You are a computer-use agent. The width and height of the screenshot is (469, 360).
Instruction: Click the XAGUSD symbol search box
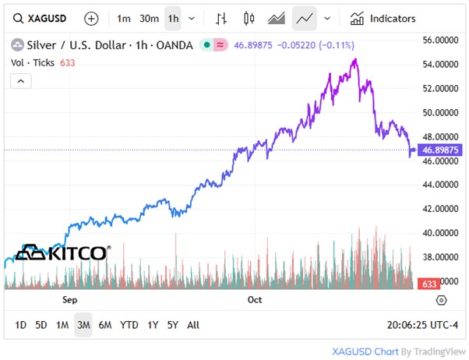(41, 18)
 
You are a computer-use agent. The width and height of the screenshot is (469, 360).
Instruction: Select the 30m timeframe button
(149, 18)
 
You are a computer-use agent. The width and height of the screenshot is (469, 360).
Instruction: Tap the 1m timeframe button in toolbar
(124, 18)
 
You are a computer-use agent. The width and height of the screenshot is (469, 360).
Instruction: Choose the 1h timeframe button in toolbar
(173, 18)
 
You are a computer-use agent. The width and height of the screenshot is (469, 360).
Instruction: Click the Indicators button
(383, 18)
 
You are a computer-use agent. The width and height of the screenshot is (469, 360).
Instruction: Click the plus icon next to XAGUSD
(91, 18)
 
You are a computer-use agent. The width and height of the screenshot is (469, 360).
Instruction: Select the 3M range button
(83, 324)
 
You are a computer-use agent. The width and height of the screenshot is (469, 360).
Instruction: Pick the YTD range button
(129, 324)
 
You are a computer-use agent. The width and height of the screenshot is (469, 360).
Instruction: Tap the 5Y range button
(173, 324)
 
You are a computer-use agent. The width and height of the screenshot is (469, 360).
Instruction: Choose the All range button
(193, 324)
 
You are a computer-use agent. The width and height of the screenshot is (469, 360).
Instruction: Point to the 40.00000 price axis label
(440, 232)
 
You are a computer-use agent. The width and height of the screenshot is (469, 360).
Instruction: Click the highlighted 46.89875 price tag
(440, 150)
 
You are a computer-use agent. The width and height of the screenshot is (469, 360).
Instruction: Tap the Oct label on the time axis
(254, 299)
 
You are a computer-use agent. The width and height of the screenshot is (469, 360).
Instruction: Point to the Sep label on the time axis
(69, 299)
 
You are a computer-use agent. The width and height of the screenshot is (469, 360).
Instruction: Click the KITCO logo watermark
(62, 253)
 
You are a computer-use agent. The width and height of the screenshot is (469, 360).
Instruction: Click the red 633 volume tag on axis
(429, 284)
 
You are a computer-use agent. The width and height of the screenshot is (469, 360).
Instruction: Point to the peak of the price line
(355, 59)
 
